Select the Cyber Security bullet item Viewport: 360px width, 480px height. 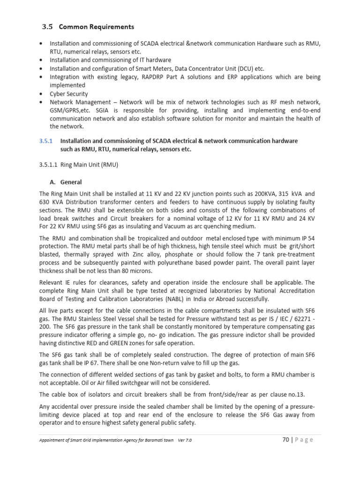pos(69,94)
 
